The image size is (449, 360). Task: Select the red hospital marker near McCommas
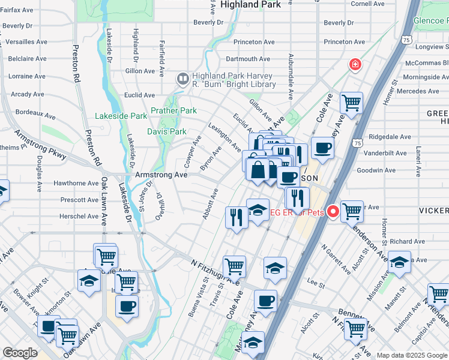pos(355,64)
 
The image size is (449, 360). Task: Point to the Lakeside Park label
pos(121,116)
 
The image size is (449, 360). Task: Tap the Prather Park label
pos(173,110)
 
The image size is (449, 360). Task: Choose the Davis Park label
pos(167,131)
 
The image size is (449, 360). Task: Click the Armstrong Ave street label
pos(161,175)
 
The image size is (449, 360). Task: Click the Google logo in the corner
pos(20,353)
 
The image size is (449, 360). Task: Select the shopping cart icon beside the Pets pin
pos(352,211)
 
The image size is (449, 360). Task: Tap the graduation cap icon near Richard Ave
pos(399,262)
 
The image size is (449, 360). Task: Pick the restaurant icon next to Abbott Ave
pos(236,216)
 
